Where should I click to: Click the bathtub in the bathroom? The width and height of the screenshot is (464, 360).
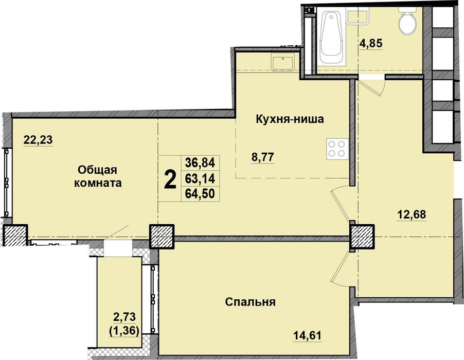click(331, 37)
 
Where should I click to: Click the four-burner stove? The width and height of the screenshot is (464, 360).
click(337, 149)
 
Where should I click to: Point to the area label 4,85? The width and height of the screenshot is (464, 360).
click(371, 44)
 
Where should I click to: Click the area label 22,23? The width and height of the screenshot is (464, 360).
click(38, 139)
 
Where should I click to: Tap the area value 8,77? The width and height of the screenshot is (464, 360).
click(263, 157)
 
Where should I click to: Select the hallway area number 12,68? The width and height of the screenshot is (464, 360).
click(412, 214)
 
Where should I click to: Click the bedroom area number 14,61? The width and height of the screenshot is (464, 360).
click(307, 336)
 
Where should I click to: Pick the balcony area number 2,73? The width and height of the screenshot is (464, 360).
click(124, 317)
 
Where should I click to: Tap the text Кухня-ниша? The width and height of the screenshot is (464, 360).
click(290, 119)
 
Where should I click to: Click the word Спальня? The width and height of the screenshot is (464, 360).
click(251, 302)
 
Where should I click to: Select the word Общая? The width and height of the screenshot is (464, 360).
click(98, 170)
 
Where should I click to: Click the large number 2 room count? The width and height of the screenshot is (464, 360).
click(170, 179)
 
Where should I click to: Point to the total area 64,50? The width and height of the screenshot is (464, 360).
click(200, 194)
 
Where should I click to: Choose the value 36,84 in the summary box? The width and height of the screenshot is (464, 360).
click(200, 163)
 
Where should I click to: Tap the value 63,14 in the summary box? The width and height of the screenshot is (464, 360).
click(200, 178)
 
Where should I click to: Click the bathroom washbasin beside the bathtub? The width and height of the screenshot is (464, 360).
click(358, 16)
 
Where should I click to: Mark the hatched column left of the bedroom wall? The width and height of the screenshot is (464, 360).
click(162, 236)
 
